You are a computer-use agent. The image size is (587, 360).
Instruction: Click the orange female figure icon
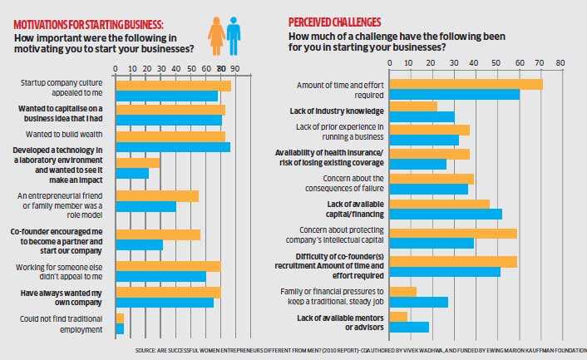(x=216, y=37)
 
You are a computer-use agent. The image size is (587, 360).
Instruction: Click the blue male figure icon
(x=234, y=37)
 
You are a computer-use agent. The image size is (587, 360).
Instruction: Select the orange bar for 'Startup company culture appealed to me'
(x=173, y=86)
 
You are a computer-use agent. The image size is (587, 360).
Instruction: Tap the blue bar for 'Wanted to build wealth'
(x=173, y=147)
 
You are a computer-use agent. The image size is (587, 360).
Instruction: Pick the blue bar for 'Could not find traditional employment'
(x=120, y=329)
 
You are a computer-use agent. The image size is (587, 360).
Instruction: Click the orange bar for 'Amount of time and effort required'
(x=466, y=84)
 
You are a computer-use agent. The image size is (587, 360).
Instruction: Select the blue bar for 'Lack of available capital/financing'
(x=445, y=214)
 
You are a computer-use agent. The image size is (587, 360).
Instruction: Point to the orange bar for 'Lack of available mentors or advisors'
(x=398, y=317)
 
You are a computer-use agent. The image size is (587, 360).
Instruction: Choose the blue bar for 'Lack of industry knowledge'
(x=422, y=116)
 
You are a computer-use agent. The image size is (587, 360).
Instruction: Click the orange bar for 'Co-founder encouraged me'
(x=158, y=234)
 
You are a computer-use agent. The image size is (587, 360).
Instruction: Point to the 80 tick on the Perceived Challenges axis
(x=560, y=62)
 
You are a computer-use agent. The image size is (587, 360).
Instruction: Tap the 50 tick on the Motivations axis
(x=190, y=67)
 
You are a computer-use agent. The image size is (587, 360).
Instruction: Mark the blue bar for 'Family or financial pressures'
(x=418, y=302)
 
